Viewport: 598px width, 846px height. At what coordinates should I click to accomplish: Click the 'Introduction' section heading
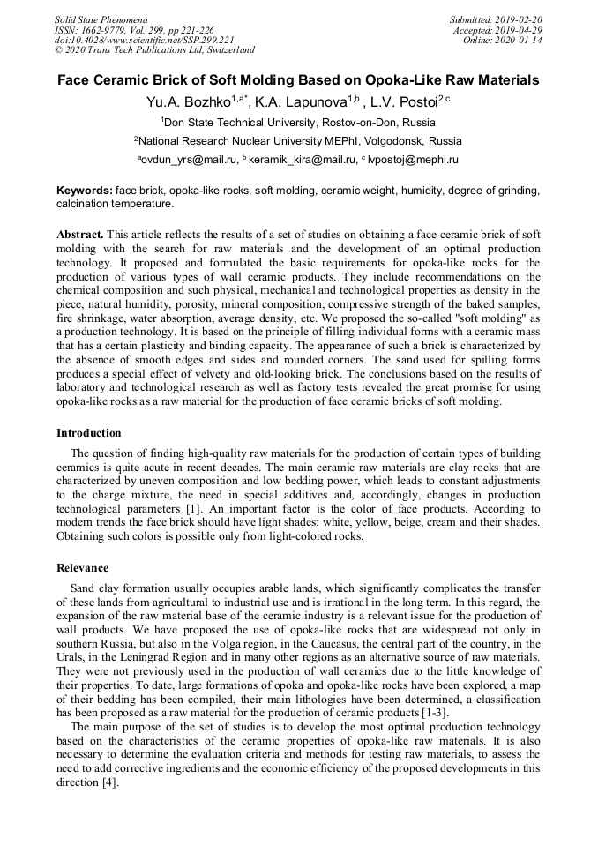(89, 433)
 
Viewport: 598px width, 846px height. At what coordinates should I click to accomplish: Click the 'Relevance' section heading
(83, 568)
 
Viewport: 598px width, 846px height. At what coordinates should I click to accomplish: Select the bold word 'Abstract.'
(80, 235)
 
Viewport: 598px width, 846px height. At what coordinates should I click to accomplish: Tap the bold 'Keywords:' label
(85, 191)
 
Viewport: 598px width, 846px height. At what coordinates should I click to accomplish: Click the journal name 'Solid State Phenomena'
(101, 19)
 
